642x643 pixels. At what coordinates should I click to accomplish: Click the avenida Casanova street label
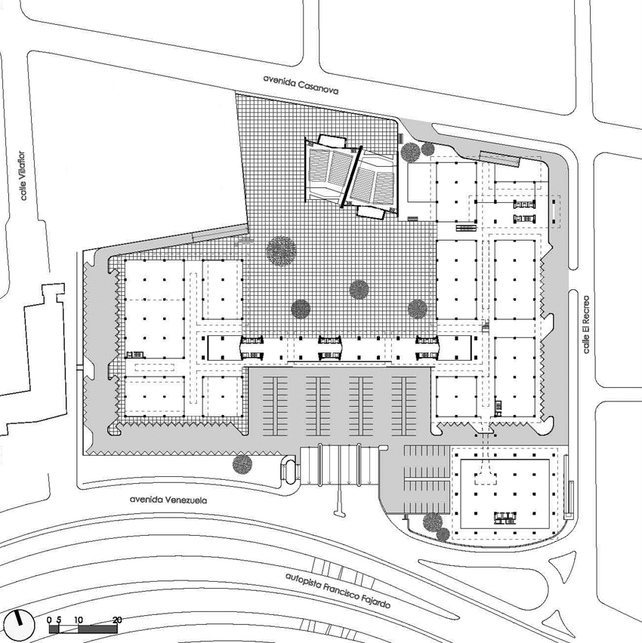tap(301, 85)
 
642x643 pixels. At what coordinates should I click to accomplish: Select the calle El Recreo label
tap(586, 324)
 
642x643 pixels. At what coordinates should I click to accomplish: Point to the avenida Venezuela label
tap(168, 500)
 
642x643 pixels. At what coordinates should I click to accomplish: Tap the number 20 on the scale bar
tap(117, 620)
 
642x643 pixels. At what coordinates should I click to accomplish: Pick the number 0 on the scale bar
tap(50, 620)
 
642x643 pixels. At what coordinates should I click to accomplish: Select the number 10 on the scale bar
tap(79, 620)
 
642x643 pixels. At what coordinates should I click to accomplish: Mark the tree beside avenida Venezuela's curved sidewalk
tap(242, 464)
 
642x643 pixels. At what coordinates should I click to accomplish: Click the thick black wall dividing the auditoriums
tap(351, 177)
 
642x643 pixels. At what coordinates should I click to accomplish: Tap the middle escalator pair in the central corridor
tap(329, 347)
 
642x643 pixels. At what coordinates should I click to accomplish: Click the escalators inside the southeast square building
tap(505, 518)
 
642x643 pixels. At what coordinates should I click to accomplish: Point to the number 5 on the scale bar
tap(59, 620)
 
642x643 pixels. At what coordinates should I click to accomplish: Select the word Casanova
tap(319, 88)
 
